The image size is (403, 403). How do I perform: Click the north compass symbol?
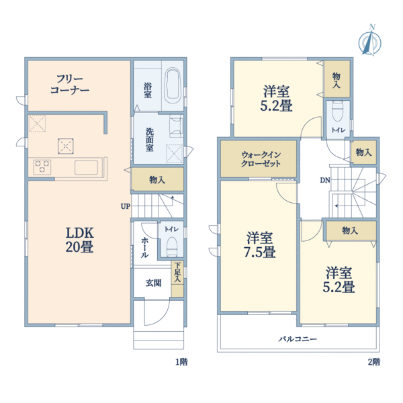pyautogui.click(x=370, y=40)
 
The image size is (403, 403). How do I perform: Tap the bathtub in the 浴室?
pyautogui.click(x=173, y=85)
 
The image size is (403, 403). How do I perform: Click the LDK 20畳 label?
pyautogui.click(x=80, y=240)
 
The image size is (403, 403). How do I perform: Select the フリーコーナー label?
pyautogui.click(x=70, y=85)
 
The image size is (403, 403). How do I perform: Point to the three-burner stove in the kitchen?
pyautogui.click(x=42, y=167)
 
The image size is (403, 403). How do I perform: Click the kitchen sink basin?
pyautogui.click(x=87, y=167)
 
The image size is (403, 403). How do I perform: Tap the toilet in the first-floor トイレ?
pyautogui.click(x=172, y=247)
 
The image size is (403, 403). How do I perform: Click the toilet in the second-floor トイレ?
pyautogui.click(x=337, y=111)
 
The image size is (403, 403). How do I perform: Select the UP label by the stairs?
pyautogui.click(x=126, y=206)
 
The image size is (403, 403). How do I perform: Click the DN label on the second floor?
pyautogui.click(x=325, y=181)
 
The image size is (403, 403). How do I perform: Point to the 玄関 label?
pyautogui.click(x=153, y=283)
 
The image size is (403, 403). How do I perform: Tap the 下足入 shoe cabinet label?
pyautogui.click(x=177, y=273)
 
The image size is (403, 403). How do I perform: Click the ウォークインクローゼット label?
pyautogui.click(x=261, y=159)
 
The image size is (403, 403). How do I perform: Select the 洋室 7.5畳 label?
pyautogui.click(x=259, y=244)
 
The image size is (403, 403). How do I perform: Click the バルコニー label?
pyautogui.click(x=298, y=339)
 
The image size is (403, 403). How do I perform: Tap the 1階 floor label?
pyautogui.click(x=181, y=362)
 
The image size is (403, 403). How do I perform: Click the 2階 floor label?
pyautogui.click(x=374, y=362)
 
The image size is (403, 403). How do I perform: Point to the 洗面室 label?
pyautogui.click(x=150, y=139)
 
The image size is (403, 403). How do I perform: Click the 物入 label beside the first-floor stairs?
pyautogui.click(x=157, y=179)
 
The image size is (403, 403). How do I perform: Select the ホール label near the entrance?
pyautogui.click(x=144, y=247)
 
